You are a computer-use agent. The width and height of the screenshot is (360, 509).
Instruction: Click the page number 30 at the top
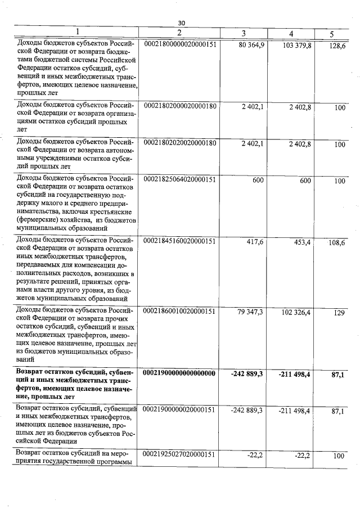tap(181, 23)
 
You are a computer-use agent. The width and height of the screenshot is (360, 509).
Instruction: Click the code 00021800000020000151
tap(180, 44)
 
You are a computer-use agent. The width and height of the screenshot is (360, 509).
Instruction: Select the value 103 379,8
tap(295, 44)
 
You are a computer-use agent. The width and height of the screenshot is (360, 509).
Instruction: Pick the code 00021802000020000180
tap(180, 106)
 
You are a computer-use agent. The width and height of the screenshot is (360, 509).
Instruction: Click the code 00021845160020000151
tap(180, 241)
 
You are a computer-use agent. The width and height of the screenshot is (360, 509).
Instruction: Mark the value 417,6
tap(254, 242)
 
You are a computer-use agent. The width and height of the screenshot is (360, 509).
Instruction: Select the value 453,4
tap(300, 242)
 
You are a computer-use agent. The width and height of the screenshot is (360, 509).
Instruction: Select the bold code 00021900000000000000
tap(180, 372)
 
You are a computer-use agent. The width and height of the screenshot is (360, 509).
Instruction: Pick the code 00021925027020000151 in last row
tap(180, 454)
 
